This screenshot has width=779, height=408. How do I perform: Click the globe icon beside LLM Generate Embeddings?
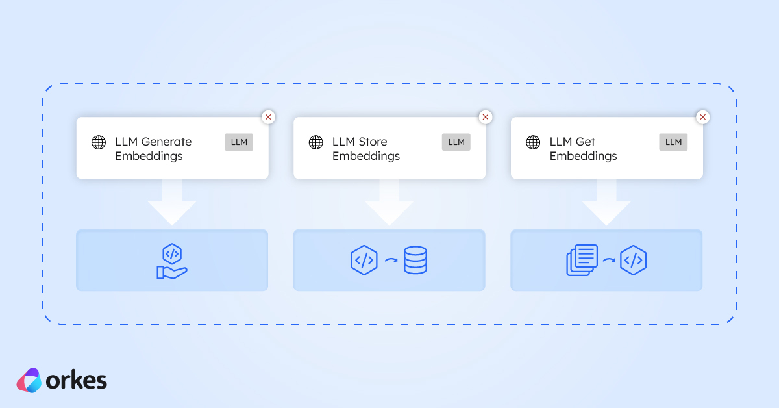pyautogui.click(x=99, y=142)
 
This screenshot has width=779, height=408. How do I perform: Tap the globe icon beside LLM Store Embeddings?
pyautogui.click(x=315, y=142)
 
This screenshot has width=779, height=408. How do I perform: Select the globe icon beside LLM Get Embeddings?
pyautogui.click(x=533, y=142)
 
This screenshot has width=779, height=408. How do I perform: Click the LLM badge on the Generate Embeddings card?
pyautogui.click(x=239, y=142)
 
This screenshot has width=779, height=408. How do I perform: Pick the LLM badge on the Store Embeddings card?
pyautogui.click(x=456, y=142)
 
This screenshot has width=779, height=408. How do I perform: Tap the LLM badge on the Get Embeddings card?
pyautogui.click(x=673, y=142)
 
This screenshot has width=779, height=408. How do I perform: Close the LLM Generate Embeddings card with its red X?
pyautogui.click(x=268, y=117)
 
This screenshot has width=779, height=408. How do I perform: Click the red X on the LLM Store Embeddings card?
pyautogui.click(x=486, y=117)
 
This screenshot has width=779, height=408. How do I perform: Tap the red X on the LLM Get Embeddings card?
pyautogui.click(x=702, y=117)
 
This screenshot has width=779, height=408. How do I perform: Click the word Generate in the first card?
pyautogui.click(x=166, y=142)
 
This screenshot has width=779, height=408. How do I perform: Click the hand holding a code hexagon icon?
pyautogui.click(x=172, y=261)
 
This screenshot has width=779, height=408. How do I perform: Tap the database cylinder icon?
pyautogui.click(x=415, y=260)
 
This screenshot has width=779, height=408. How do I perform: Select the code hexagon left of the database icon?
pyautogui.click(x=364, y=260)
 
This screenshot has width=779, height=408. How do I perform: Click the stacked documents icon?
pyautogui.click(x=582, y=260)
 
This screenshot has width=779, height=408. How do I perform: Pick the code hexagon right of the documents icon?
pyautogui.click(x=633, y=260)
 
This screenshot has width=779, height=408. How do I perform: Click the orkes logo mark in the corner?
pyautogui.click(x=29, y=381)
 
